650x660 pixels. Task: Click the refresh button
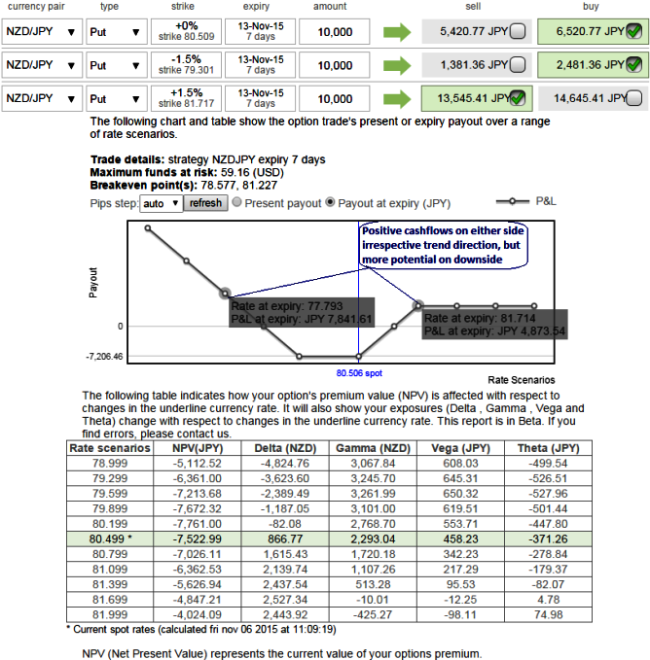pos(205,203)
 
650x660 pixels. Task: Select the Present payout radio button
pos(238,203)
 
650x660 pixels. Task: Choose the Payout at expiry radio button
pos(332,203)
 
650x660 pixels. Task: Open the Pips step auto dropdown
pos(161,203)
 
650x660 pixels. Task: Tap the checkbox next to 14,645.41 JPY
pos(633,98)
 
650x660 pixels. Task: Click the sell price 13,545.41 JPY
pos(468,98)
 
